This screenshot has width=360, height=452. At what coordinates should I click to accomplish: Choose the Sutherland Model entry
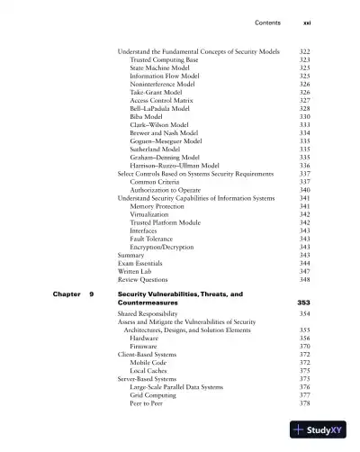156,149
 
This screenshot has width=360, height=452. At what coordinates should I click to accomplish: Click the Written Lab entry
137,271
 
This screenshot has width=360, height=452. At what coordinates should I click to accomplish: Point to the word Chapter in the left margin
55,294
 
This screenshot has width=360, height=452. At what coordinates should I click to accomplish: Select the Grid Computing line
153,394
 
